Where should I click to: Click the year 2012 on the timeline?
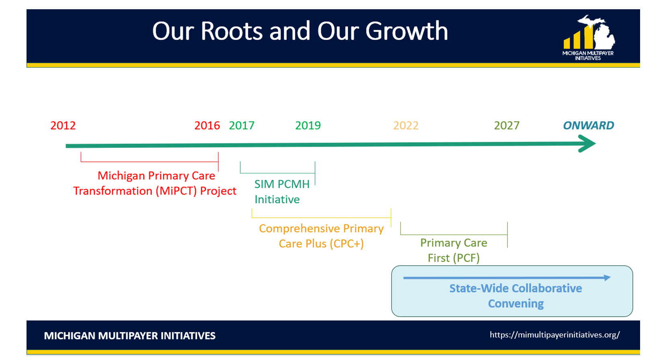[x=63, y=125]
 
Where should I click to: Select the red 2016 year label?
[x=207, y=125]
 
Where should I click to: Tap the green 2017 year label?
[x=241, y=125]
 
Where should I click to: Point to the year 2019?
[x=308, y=125]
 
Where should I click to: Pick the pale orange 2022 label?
[x=406, y=125]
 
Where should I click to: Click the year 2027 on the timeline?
[x=507, y=125]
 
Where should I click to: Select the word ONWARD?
[x=588, y=125]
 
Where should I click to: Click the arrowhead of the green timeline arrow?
[x=595, y=143]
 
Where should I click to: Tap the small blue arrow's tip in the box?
[x=610, y=278]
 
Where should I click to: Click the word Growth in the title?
[x=406, y=31]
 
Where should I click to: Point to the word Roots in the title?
[x=231, y=31]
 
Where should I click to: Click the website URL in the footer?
[x=555, y=335]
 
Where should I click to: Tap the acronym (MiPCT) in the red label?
[x=176, y=191]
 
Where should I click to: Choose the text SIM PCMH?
[x=282, y=184]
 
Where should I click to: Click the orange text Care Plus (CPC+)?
[x=321, y=243]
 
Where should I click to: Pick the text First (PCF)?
[x=453, y=258]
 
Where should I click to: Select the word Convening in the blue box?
[x=516, y=303]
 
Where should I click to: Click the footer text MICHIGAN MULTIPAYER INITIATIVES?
[x=130, y=336]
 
